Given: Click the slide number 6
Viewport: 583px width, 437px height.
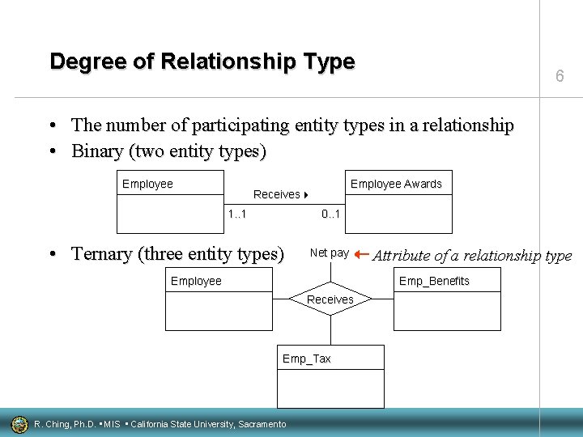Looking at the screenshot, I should coord(560,76).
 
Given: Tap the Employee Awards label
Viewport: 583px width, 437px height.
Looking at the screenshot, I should coord(396,184).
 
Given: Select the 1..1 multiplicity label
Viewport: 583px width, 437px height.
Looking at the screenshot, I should coord(237,214).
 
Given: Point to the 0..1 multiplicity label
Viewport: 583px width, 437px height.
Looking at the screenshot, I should coord(331,214).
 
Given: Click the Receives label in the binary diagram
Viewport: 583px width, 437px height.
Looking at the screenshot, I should coord(276,194).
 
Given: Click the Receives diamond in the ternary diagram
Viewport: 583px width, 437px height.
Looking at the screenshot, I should coord(330,299).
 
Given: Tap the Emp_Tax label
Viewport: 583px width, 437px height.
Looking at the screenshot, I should coord(306,359).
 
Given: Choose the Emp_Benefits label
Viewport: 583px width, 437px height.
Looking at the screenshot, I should coord(434,281).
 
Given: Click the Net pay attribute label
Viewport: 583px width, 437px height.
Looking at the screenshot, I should coord(330,252).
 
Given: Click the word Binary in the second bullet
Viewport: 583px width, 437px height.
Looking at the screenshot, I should coord(98,151).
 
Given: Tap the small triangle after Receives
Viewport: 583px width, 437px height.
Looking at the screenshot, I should coord(307,195).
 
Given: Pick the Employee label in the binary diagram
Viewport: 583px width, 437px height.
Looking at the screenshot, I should coord(147,184).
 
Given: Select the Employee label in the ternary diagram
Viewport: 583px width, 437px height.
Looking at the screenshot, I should coord(196,281).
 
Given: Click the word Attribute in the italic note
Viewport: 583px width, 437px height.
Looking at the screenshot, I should coord(402,256).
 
